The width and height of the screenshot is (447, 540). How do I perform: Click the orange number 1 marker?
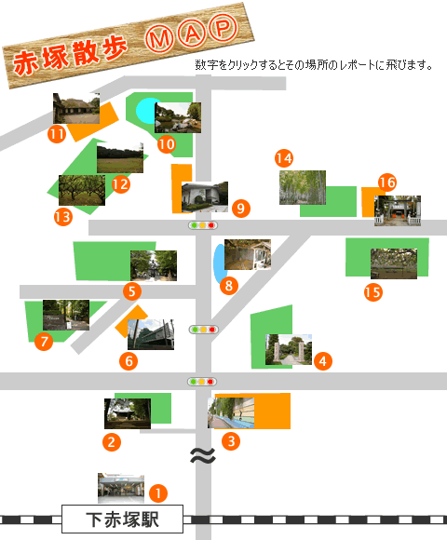click(158, 493)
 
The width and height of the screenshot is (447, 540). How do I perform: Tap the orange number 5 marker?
click(132, 291)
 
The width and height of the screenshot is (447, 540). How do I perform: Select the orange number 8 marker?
click(229, 286)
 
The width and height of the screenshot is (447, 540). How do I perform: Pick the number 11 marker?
click(57, 134)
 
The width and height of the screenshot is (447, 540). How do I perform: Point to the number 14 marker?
click(284, 158)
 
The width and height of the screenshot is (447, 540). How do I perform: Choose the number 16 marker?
click(387, 182)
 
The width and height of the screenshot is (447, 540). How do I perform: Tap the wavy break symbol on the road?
click(203, 455)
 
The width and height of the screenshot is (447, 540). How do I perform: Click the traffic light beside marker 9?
click(203, 225)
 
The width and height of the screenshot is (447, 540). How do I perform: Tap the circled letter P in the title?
click(223, 27)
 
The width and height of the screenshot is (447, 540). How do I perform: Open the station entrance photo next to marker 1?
click(121, 488)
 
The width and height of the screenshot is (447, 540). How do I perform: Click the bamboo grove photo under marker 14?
click(303, 187)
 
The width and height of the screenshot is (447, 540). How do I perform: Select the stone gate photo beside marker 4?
click(289, 349)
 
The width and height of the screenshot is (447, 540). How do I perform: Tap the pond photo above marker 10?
click(178, 117)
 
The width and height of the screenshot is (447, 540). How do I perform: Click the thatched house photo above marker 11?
click(76, 108)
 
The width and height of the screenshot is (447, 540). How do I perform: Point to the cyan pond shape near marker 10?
click(146, 111)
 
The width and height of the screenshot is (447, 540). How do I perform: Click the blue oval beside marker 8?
click(219, 263)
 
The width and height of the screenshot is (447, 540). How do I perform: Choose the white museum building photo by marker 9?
click(205, 196)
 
